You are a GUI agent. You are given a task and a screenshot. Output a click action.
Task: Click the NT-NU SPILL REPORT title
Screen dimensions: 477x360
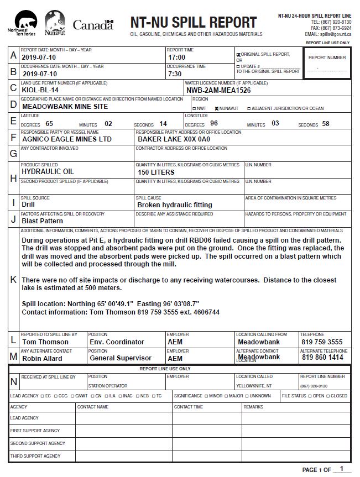[193, 23]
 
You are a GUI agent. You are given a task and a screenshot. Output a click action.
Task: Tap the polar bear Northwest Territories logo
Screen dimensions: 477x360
[20, 22]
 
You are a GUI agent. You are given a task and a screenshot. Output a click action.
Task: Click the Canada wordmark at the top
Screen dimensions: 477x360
[92, 25]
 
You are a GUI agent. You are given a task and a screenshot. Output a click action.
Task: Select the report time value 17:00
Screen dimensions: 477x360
[177, 57]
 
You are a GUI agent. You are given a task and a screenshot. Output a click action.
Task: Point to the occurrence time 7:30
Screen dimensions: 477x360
[175, 74]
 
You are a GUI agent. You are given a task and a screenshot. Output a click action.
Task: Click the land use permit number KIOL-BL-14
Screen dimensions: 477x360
[40, 90]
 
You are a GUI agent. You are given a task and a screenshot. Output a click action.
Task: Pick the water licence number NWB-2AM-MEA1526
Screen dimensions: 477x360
[219, 90]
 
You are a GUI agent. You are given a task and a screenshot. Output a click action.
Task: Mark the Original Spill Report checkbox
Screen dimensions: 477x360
[238, 55]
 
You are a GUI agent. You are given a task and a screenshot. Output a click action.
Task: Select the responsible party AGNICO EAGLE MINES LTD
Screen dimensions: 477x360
[67, 139]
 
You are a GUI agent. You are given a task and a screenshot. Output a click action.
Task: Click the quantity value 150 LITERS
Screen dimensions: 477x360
[156, 172]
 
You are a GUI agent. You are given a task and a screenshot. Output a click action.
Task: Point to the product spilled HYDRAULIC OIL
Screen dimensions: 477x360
[48, 172]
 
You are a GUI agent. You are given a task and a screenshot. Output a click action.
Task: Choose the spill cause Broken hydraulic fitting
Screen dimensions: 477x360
[175, 205]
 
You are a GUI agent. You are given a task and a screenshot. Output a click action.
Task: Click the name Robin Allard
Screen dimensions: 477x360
[42, 358]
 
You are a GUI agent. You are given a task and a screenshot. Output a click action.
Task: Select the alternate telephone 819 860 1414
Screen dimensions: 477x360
[322, 358]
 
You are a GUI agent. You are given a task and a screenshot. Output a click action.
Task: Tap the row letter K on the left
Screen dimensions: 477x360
[13, 279]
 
